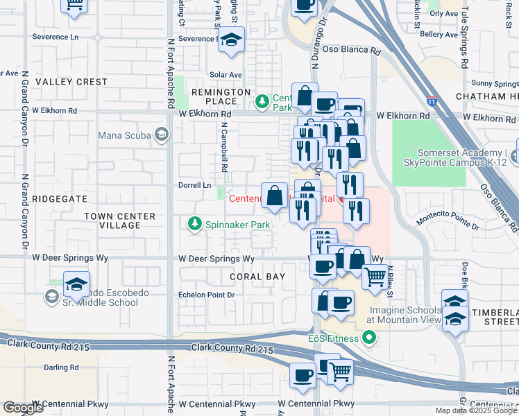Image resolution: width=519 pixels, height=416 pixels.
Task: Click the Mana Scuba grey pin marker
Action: tap(161, 135)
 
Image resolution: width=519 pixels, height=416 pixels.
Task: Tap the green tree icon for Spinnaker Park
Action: tap(194, 223)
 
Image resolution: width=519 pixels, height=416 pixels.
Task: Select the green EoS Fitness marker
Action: tap(368, 338)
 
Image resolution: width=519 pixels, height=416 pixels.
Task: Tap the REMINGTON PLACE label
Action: tap(221, 96)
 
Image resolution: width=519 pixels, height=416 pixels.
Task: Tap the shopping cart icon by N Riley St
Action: tap(375, 276)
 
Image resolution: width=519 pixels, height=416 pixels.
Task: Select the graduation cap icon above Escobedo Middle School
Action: tap(76, 284)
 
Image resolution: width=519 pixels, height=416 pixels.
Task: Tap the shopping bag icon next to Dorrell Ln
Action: tap(275, 195)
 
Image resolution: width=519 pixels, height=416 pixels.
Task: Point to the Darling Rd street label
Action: tap(61, 367)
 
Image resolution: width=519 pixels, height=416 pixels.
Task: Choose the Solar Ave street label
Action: tap(226, 75)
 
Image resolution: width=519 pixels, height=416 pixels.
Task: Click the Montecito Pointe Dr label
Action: tap(448, 221)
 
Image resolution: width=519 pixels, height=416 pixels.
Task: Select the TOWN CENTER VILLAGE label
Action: tap(120, 221)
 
